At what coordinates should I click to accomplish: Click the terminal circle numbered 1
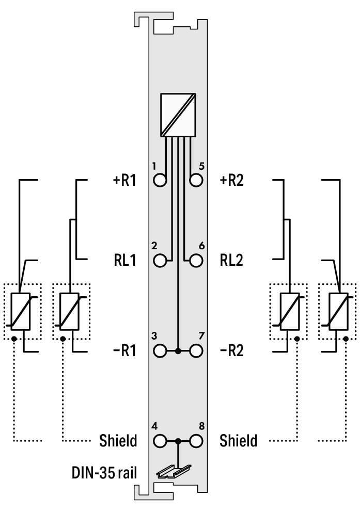161,181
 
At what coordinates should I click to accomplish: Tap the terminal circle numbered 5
196,181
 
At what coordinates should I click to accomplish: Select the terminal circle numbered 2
161,260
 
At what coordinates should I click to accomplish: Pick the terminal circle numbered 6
196,260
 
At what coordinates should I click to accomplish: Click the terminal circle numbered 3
161,351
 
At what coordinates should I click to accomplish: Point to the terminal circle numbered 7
196,351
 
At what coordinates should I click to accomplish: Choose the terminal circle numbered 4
161,441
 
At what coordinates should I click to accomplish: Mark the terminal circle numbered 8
196,441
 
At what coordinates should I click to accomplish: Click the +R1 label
124,181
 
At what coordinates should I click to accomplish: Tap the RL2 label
231,260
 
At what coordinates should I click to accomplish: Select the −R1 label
124,351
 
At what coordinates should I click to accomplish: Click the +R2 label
232,181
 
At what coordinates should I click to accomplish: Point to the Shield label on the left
118,441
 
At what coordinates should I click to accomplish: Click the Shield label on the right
238,441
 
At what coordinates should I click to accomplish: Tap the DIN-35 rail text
104,472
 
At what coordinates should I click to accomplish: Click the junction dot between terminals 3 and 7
178,351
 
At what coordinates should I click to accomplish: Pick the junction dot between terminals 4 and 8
178,441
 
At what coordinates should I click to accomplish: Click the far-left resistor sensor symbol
21,311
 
